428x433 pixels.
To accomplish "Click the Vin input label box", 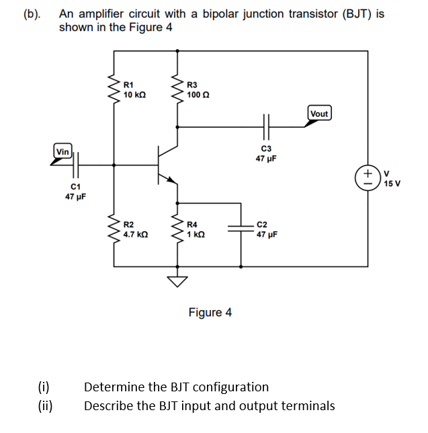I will pos(63,152).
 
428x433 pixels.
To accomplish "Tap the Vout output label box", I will pos(319,114).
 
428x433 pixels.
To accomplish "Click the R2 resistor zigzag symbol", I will pos(112,229).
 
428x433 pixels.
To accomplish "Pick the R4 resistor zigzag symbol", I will pos(177,229).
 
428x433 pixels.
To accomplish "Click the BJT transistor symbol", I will pos(165,162).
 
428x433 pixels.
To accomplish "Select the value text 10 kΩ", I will pos(135,95).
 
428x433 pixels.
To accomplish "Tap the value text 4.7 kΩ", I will pos(136,235).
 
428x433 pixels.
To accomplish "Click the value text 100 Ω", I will pos(198,95).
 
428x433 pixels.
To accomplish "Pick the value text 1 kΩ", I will pos(197,235).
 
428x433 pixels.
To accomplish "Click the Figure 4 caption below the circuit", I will pos(210,313).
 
